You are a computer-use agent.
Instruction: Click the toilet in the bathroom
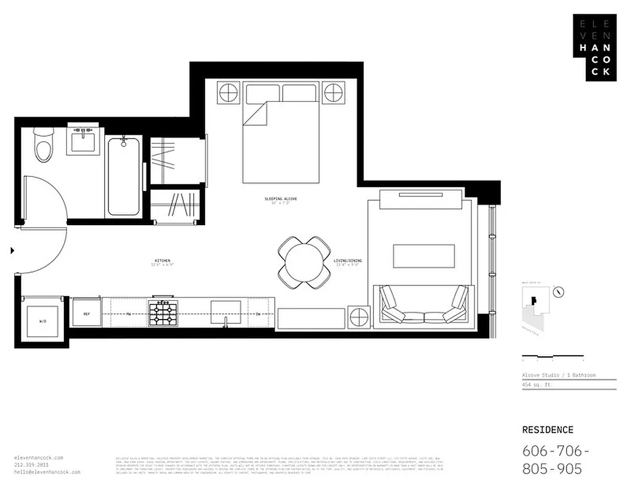(43, 145)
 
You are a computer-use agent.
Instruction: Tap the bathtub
(124, 176)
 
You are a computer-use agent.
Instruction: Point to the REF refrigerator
(86, 313)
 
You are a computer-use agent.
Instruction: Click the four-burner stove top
(163, 314)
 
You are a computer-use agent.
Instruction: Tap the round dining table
(304, 263)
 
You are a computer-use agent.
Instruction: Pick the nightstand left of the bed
(228, 93)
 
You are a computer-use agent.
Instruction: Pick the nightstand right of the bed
(334, 93)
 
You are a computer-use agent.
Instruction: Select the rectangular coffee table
(424, 256)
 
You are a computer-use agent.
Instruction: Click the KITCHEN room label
(162, 260)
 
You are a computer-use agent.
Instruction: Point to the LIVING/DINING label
(347, 260)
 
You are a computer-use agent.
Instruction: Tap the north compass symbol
(559, 292)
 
